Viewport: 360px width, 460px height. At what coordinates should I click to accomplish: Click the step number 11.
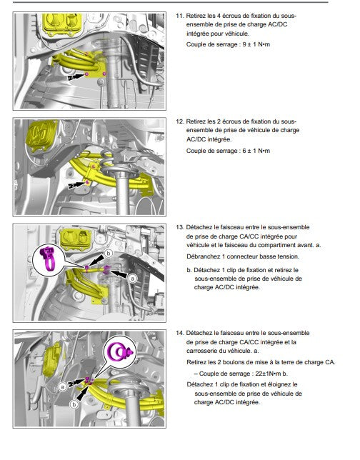(x=179, y=16)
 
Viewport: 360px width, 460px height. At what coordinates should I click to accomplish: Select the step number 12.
(x=179, y=121)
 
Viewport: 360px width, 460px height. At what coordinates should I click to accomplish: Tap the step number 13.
(x=179, y=227)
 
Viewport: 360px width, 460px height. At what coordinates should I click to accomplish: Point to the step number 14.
(x=179, y=334)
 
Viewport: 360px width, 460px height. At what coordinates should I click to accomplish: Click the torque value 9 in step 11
(x=244, y=44)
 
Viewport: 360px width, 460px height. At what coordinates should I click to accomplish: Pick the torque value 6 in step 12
(x=244, y=151)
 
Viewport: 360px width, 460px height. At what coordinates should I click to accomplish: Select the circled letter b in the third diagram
(x=109, y=253)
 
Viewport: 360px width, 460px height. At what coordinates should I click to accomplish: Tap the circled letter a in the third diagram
(x=133, y=278)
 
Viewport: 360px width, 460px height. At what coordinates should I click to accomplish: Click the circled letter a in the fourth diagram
(x=62, y=387)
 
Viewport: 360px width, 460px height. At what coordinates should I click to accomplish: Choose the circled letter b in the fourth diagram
(x=74, y=404)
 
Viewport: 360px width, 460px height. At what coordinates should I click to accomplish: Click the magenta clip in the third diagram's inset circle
(x=48, y=259)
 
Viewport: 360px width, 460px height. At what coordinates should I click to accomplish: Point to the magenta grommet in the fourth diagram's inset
(x=120, y=351)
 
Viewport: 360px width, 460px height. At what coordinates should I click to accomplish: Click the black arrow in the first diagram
(x=76, y=77)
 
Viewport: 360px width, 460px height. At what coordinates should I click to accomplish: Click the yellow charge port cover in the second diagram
(x=41, y=136)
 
